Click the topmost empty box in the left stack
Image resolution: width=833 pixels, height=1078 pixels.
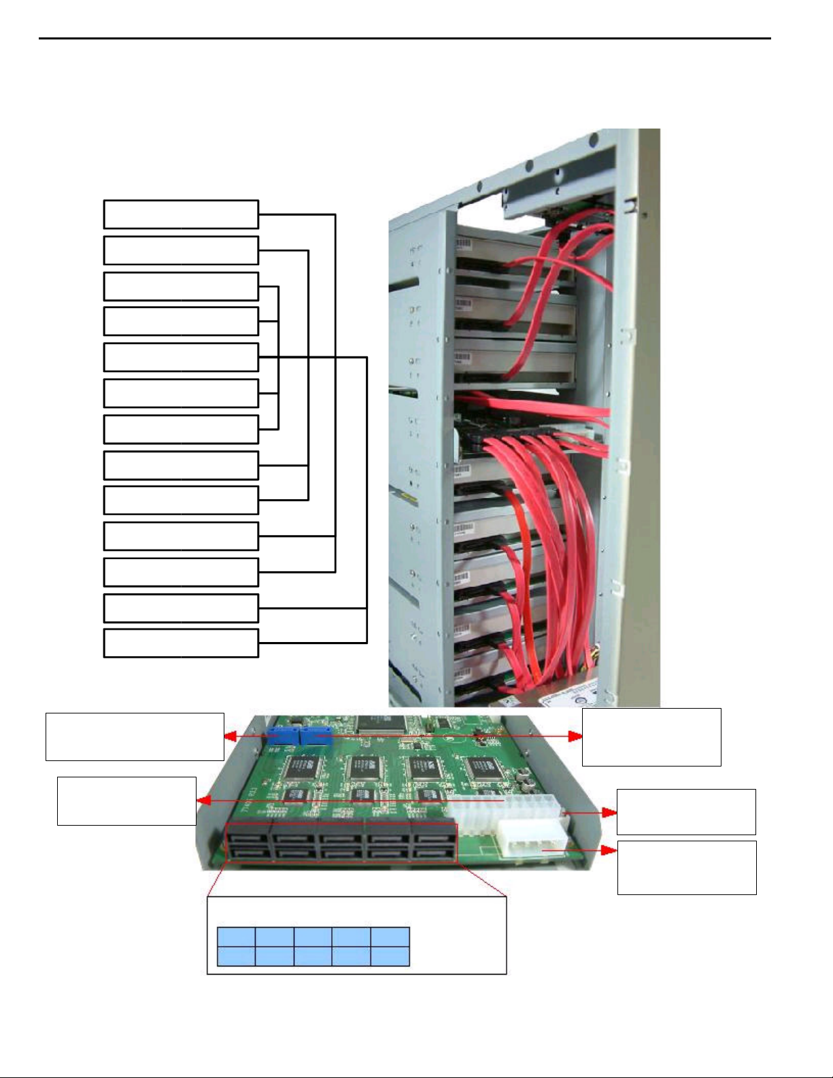[x=181, y=214]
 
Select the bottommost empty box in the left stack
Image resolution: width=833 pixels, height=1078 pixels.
[x=181, y=643]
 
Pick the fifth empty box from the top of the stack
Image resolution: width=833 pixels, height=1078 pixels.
[x=181, y=357]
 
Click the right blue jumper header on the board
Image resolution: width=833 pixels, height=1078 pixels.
[x=314, y=735]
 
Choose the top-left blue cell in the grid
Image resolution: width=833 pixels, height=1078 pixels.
[x=236, y=937]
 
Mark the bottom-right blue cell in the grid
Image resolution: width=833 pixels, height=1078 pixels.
[x=390, y=956]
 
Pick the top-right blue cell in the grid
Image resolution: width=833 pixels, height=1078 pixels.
[x=390, y=937]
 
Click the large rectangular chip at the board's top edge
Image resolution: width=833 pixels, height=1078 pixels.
[x=381, y=723]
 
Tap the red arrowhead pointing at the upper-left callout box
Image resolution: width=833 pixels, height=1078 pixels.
[x=231, y=736]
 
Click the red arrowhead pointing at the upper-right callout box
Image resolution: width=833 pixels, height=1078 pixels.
[x=575, y=736]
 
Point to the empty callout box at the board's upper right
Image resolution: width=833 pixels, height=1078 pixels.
[x=651, y=737]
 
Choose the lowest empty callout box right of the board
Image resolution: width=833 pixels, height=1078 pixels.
[x=687, y=867]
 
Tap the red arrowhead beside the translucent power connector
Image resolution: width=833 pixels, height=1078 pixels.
[x=610, y=813]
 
